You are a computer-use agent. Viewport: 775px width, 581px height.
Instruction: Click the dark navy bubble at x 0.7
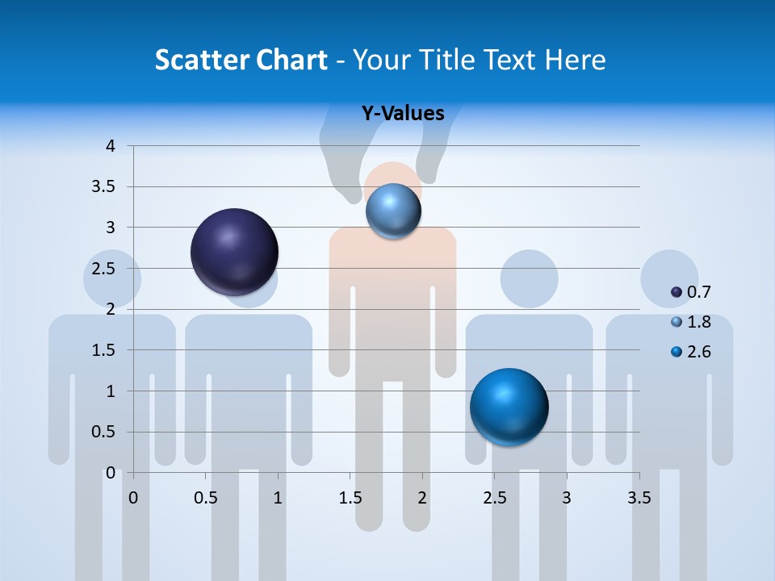click(234, 252)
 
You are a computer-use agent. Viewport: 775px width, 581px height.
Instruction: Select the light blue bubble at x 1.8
click(393, 211)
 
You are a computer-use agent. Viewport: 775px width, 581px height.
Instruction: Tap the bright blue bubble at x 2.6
click(509, 407)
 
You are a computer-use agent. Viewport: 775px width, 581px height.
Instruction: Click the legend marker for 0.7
click(677, 292)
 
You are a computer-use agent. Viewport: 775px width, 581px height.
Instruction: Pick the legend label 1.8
click(698, 322)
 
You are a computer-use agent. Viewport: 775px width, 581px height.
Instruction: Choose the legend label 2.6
click(698, 352)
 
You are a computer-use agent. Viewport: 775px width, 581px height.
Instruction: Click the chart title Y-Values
click(403, 113)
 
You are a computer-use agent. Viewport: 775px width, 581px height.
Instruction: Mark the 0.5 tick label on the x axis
click(206, 499)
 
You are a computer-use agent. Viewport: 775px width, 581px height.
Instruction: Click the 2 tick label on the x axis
click(421, 499)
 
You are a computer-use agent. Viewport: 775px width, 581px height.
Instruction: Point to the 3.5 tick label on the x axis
click(639, 499)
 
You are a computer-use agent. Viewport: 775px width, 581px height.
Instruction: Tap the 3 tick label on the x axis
click(566, 499)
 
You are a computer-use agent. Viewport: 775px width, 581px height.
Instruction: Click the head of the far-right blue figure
click(669, 278)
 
